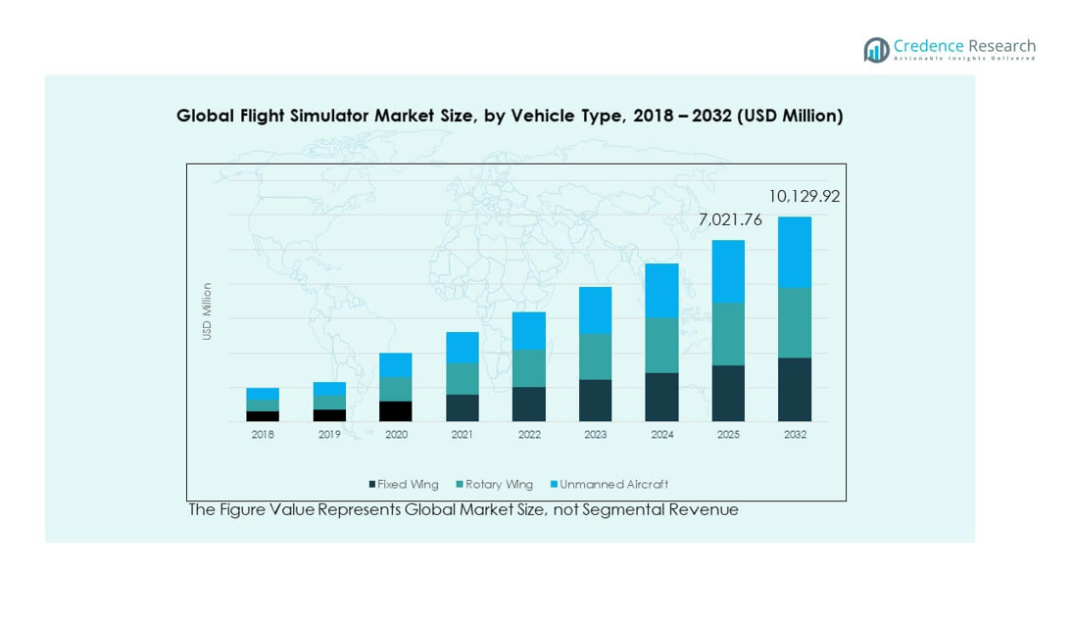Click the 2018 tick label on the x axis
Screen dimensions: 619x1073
click(263, 435)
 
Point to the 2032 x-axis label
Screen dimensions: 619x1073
click(795, 435)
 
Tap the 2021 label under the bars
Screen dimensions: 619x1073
click(462, 435)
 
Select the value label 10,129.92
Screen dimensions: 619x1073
click(804, 197)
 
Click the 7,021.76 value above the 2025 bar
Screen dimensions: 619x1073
click(729, 221)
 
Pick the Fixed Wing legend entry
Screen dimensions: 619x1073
click(404, 484)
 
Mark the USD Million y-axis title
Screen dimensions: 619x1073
click(207, 311)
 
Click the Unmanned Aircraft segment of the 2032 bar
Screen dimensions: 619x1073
click(795, 252)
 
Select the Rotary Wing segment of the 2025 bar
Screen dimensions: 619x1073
click(728, 334)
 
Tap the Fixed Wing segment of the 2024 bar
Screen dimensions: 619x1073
click(661, 397)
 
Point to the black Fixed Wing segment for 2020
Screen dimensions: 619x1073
click(395, 411)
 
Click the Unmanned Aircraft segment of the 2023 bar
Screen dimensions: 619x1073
click(595, 309)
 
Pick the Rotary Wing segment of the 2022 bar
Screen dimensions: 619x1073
click(528, 368)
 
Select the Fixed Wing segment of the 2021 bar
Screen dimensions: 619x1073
click(462, 407)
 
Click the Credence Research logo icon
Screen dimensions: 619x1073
click(875, 50)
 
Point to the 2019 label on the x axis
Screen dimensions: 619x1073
click(328, 435)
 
